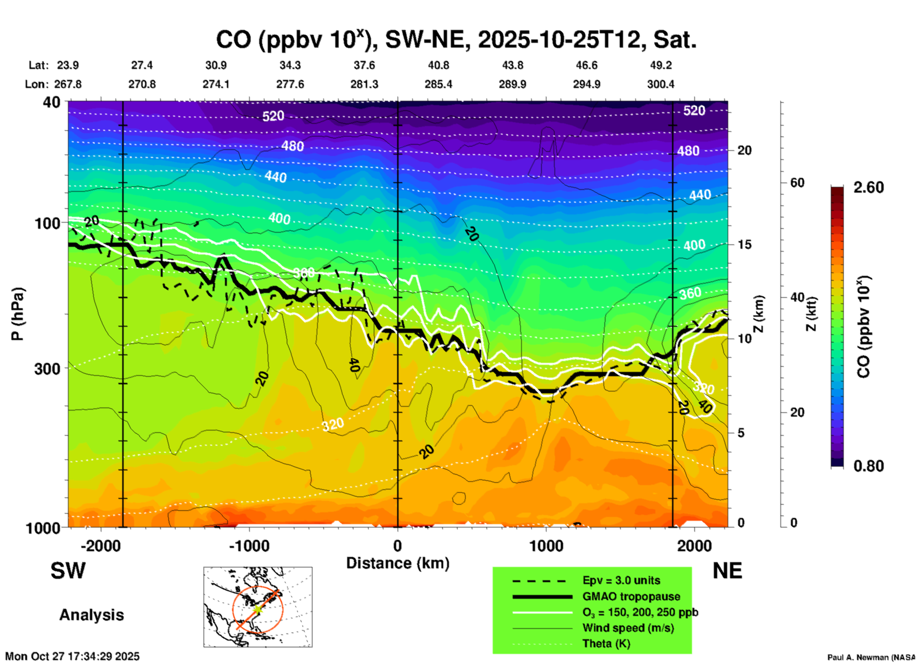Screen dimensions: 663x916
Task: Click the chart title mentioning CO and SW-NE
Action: point(456,40)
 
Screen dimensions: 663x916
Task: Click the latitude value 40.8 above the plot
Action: point(439,65)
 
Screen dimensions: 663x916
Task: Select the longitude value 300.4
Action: point(661,84)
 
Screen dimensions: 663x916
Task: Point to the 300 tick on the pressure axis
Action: point(48,369)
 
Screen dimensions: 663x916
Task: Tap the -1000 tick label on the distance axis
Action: point(249,546)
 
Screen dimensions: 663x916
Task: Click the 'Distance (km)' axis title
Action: point(398,563)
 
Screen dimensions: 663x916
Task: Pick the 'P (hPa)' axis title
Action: point(18,314)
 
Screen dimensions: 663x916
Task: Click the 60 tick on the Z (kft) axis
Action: point(797,183)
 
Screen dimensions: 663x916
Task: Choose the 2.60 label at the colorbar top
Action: point(868,187)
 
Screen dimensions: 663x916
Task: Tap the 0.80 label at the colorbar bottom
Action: point(868,466)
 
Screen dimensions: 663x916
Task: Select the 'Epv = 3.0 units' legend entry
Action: point(621,581)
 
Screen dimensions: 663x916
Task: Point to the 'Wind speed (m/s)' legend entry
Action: point(628,628)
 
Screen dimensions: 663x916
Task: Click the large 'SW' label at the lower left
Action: point(68,571)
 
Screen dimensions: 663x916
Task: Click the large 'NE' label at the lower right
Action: point(727,571)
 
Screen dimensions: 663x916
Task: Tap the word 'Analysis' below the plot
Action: point(91,615)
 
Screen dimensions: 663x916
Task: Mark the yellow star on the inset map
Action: point(257,609)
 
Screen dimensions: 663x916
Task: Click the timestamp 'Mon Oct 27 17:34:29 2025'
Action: point(72,656)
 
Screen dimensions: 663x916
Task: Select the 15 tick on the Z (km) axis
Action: point(744,244)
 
